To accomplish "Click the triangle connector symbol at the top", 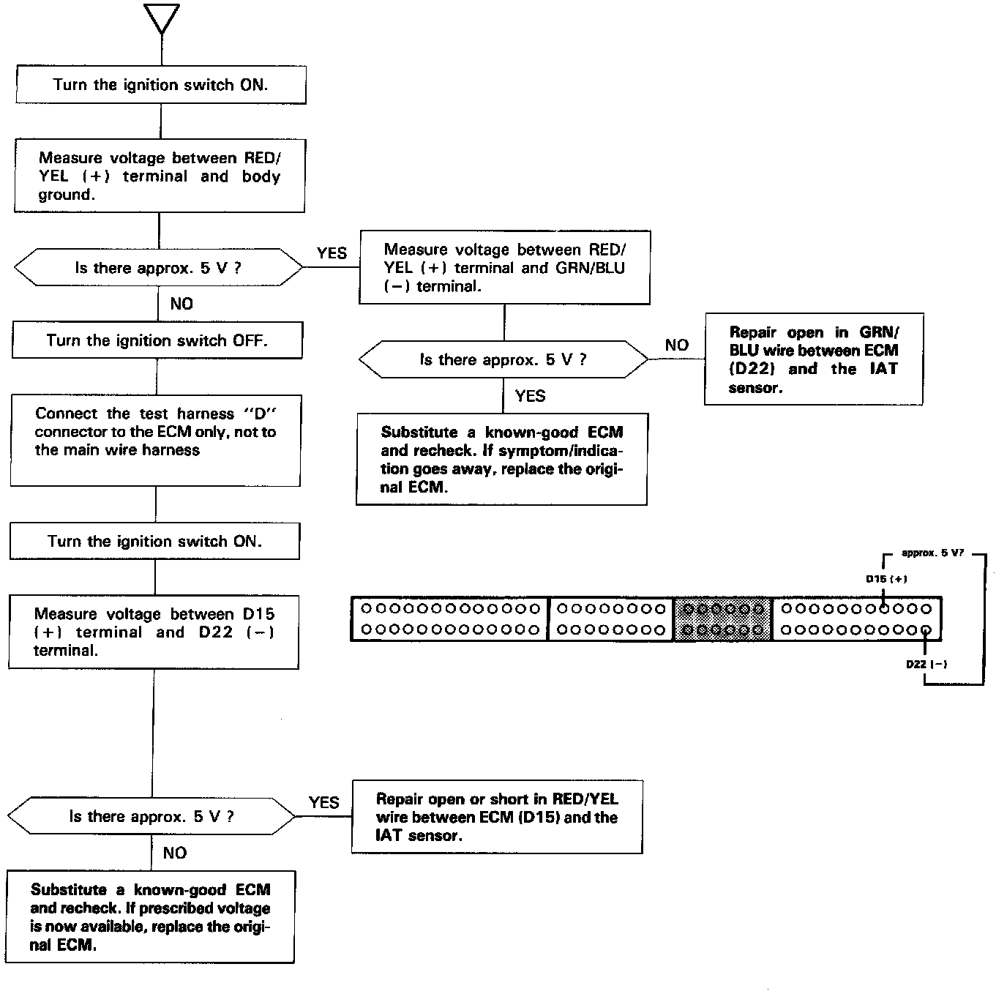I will click(x=162, y=18).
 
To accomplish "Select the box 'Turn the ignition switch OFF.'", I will click(x=157, y=340).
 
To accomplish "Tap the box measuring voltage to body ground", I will click(x=160, y=176).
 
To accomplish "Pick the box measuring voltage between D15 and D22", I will click(x=154, y=632).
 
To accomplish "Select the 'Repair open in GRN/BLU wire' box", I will click(x=813, y=359).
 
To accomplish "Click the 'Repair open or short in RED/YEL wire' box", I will click(x=497, y=817).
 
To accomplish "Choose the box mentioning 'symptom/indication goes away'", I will click(x=501, y=460).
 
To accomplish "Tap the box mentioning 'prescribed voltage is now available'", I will click(x=150, y=917).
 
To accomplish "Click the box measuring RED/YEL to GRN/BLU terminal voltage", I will click(x=504, y=268).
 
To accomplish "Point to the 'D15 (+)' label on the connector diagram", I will click(x=886, y=579).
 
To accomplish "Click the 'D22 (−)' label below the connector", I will click(x=926, y=665).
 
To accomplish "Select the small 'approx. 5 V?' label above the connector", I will click(x=932, y=553).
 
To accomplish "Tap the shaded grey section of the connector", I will click(x=722, y=619).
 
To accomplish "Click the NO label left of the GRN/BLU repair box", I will click(x=677, y=345).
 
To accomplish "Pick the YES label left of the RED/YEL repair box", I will click(x=323, y=802).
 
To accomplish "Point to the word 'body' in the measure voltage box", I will click(x=261, y=176).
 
